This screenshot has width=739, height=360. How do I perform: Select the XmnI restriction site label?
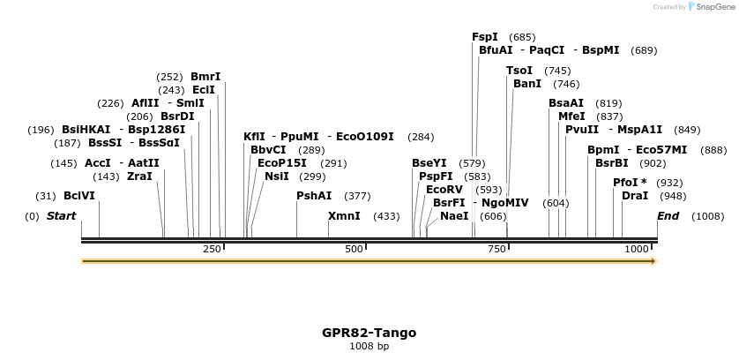[x=344, y=216]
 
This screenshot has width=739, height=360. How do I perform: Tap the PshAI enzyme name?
[x=314, y=196]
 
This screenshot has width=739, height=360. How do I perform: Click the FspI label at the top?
[x=485, y=37]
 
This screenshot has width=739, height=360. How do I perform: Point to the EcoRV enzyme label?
[x=444, y=190]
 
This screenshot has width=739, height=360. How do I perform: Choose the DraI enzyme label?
[x=635, y=196]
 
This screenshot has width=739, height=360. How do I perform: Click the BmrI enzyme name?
[x=205, y=77]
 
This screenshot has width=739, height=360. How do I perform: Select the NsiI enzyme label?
[x=277, y=176]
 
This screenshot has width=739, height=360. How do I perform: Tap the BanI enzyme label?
[x=527, y=84]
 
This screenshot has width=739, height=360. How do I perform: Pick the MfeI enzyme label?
[x=571, y=116]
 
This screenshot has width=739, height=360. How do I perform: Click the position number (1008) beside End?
[x=708, y=216]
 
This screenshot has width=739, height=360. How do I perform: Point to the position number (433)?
[x=387, y=216]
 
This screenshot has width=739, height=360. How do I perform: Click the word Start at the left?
[x=61, y=216]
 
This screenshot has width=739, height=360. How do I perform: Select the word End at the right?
[x=668, y=216]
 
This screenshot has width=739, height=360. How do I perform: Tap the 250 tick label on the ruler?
[x=212, y=250]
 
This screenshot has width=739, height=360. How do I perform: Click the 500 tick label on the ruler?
[x=354, y=250]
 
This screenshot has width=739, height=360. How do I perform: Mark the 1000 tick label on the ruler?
[x=637, y=250]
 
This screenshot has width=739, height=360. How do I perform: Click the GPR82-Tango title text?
[x=369, y=333]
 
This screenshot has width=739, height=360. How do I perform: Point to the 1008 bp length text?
[x=369, y=346]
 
